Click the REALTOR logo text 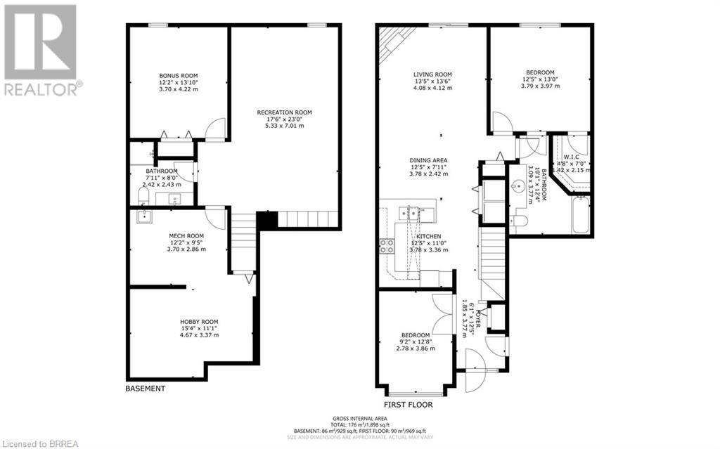42,89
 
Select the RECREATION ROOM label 284,112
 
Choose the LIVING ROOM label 432,74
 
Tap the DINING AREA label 429,160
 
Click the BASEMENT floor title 145,389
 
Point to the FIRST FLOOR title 408,405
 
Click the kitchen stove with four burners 387,245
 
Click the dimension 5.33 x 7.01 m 284,126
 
